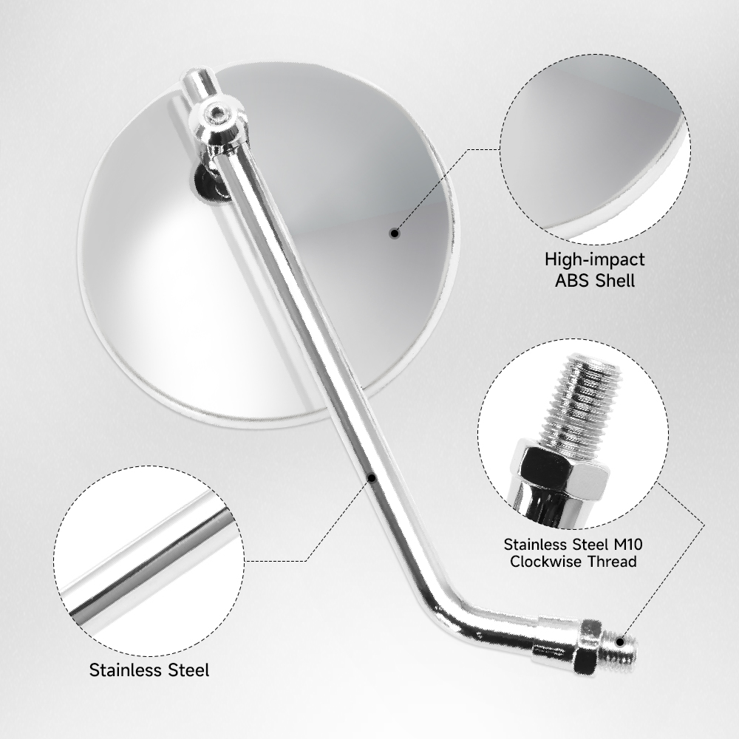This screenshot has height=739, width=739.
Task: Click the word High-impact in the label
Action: [x=595, y=259]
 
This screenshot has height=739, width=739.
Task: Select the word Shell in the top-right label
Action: [x=615, y=281]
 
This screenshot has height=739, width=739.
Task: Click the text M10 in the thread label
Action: [x=627, y=545]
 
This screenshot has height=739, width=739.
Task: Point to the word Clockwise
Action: [x=547, y=562]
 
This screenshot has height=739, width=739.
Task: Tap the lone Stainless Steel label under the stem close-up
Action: [x=149, y=670]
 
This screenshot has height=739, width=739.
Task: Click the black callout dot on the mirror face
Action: [x=395, y=233]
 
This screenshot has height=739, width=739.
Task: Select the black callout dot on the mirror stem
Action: [x=372, y=478]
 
